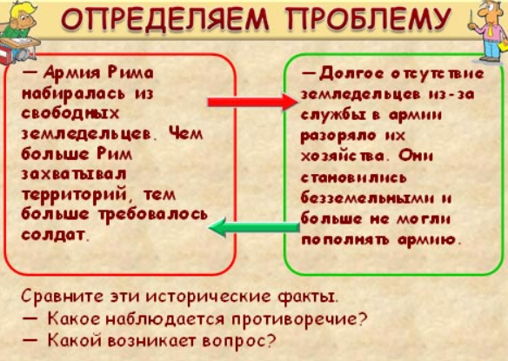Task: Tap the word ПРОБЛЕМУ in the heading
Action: (368, 19)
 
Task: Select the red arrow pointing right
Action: (252, 102)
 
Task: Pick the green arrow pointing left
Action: (254, 228)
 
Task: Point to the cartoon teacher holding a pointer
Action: (489, 30)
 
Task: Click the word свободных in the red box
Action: (70, 114)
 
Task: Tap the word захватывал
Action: (74, 174)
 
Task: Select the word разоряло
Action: (338, 136)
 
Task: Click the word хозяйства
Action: (343, 157)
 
